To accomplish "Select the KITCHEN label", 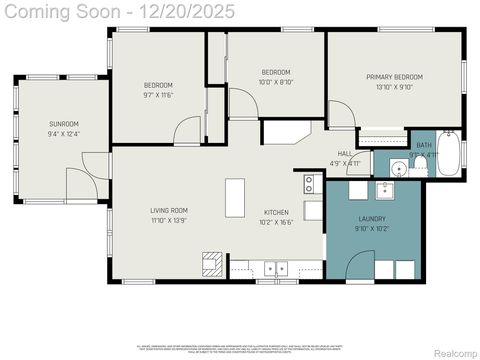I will coord(276,212).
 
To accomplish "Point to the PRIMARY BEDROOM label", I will coord(394,77).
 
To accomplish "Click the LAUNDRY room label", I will coord(371,218).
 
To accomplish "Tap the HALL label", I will coord(344,154).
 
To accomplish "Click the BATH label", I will coord(424,146).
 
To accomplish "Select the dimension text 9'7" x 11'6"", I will coord(159,95).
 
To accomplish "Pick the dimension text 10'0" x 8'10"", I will coord(276,83).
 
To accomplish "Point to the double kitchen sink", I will coord(275,268).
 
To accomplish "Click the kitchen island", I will coord(235,197).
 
